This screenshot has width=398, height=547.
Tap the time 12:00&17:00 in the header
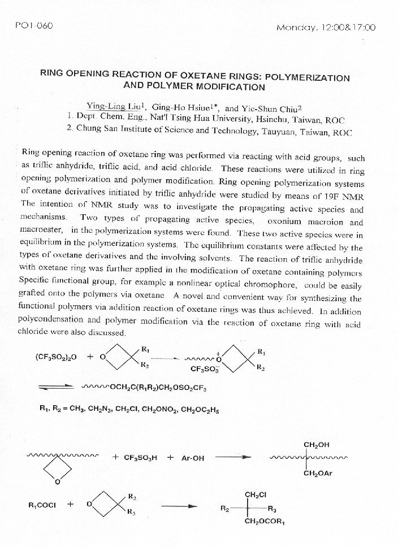coord(347,28)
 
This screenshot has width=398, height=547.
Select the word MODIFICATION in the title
coord(230,87)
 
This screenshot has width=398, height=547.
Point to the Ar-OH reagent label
coord(193,458)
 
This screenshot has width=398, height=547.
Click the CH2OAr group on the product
coord(318,474)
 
